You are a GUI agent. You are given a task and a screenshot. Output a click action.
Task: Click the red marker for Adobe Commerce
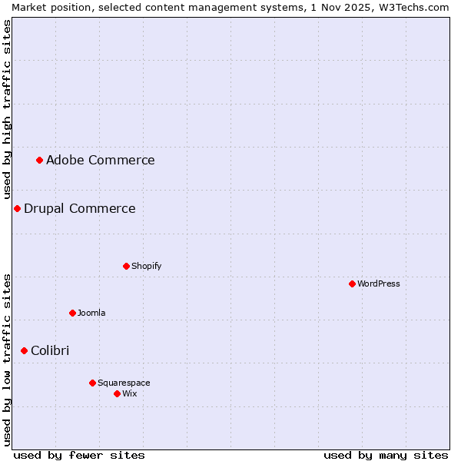pyautogui.click(x=39, y=160)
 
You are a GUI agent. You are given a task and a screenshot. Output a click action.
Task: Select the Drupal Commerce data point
pyautogui.click(x=17, y=208)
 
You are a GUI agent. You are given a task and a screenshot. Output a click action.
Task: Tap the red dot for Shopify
pyautogui.click(x=126, y=266)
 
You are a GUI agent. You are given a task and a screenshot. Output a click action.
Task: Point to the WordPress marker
pyautogui.click(x=352, y=284)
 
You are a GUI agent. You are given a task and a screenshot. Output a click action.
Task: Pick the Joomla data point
pyautogui.click(x=72, y=313)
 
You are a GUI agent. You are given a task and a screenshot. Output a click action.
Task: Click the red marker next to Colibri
pyautogui.click(x=24, y=350)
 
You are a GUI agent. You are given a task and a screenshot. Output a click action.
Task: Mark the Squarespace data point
pyautogui.click(x=92, y=383)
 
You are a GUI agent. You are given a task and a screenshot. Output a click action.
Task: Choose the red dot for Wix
pyautogui.click(x=117, y=393)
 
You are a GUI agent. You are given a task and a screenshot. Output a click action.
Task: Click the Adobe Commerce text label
pyautogui.click(x=100, y=160)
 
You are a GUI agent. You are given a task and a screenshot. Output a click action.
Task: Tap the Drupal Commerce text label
pyautogui.click(x=79, y=208)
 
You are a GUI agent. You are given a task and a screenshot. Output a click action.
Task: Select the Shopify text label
pyautogui.click(x=146, y=266)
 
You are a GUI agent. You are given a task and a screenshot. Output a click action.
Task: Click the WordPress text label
pyautogui.click(x=378, y=284)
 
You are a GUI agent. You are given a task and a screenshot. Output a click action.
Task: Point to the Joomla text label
pyautogui.click(x=91, y=313)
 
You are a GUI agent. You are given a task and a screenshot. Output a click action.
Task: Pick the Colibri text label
pyautogui.click(x=50, y=350)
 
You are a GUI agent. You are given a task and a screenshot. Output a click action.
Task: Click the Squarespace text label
pyautogui.click(x=124, y=383)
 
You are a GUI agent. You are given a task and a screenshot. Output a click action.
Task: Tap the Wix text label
pyautogui.click(x=130, y=393)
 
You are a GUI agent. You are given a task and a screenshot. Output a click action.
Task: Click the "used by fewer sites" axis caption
pyautogui.click(x=79, y=455)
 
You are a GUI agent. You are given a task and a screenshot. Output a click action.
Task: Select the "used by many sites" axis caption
pyautogui.click(x=386, y=455)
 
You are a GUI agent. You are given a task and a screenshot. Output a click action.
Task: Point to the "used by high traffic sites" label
pyautogui.click(x=7, y=108)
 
